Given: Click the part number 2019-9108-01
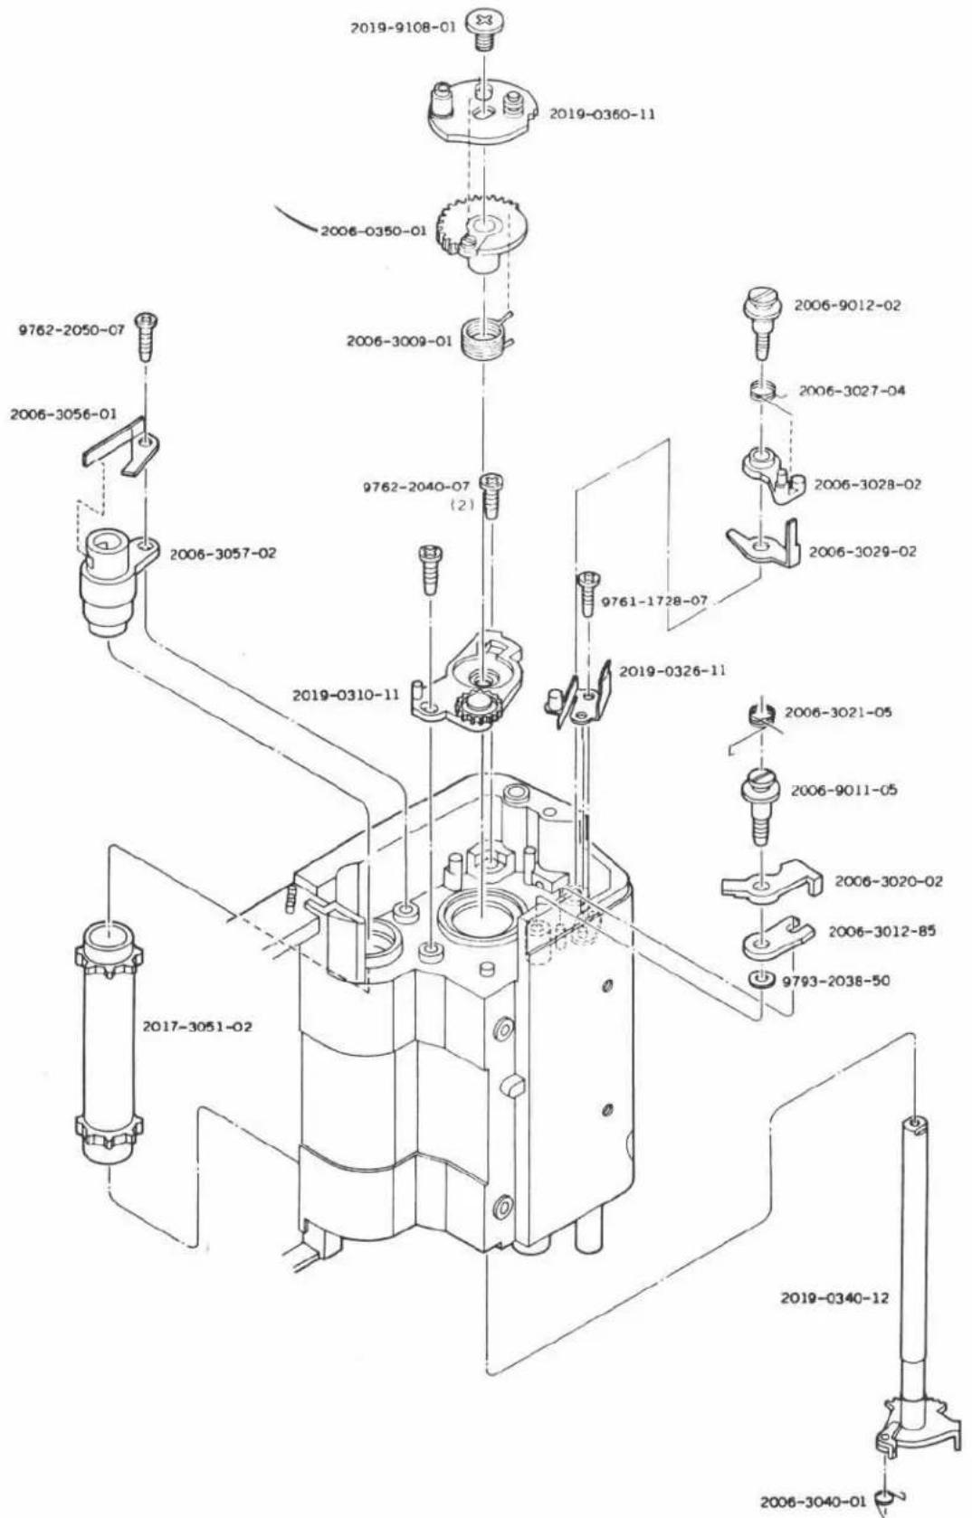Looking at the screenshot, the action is [x=403, y=28].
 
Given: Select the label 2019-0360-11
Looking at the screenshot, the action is [x=602, y=114].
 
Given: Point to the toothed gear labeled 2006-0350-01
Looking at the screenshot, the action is [x=482, y=233].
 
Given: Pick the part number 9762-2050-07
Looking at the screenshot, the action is [x=71, y=330].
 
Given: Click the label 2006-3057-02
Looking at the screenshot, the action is [x=223, y=554].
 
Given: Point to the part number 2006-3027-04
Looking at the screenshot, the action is [x=852, y=391].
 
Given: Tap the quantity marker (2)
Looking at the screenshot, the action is [x=462, y=505].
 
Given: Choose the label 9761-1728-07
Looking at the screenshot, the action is [x=654, y=601].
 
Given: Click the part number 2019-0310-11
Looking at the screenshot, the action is [x=346, y=696].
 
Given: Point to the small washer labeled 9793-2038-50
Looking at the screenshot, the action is [x=759, y=979].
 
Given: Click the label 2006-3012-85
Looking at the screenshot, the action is [x=881, y=931].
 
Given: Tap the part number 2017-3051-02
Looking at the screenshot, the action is [x=196, y=1027].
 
